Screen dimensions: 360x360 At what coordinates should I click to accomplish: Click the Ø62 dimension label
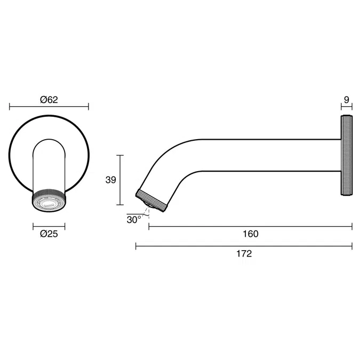point(49,100)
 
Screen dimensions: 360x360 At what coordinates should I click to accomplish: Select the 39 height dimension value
point(110,180)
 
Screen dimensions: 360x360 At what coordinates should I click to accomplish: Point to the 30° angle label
point(134,219)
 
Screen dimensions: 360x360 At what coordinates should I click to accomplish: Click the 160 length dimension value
point(250,234)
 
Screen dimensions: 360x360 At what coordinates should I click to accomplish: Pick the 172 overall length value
point(244,254)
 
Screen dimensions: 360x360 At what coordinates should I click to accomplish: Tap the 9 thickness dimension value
point(347,100)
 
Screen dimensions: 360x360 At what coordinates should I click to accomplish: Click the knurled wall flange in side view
point(347,155)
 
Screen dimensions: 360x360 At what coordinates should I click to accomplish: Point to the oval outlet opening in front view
point(49,204)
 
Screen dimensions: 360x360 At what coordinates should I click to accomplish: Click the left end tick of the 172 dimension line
point(136,246)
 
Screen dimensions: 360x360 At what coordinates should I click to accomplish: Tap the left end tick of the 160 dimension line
point(148,227)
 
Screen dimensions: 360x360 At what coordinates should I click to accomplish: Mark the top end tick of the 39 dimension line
point(120,155)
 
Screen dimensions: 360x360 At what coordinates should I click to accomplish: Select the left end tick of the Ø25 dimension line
point(34,226)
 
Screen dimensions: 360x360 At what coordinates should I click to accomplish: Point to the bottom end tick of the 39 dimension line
point(120,205)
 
